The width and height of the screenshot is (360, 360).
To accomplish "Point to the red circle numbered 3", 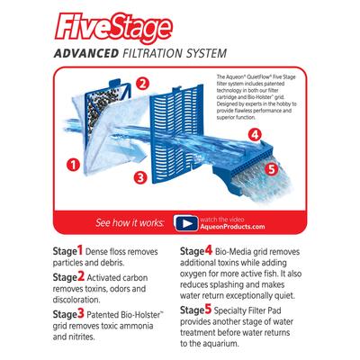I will click(x=140, y=177).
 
